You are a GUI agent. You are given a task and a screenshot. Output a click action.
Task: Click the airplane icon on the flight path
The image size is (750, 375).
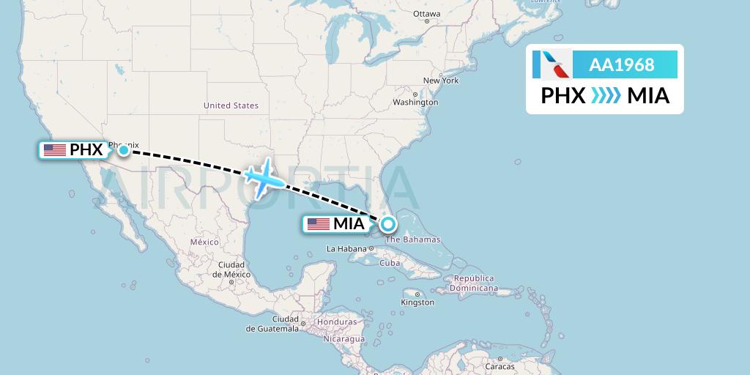click(265, 179)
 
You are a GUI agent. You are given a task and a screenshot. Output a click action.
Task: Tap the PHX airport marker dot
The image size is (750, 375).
click(125, 150)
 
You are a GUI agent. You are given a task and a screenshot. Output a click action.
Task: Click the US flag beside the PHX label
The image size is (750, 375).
click(55, 150)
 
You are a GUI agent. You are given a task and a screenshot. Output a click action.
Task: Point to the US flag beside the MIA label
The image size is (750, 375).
click(319, 224)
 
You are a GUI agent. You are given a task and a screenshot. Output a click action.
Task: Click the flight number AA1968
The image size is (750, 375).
click(622, 64)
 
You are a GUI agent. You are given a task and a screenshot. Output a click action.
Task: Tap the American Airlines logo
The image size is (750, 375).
click(552, 64)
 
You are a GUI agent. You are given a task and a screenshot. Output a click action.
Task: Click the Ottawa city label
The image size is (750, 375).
click(426, 14)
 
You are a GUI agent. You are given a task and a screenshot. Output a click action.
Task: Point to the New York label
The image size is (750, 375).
click(441, 81)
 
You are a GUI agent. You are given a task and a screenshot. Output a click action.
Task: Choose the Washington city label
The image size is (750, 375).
click(415, 103)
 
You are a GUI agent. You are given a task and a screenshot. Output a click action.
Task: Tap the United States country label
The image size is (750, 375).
click(231, 105)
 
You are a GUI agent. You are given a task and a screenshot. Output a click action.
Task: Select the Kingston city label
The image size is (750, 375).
click(417, 302)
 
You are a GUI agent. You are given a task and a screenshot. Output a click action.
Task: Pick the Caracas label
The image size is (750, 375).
click(501, 366)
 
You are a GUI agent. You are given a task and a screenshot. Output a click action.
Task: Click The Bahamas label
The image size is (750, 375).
click(413, 240)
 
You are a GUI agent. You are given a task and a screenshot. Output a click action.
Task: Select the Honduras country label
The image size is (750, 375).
click(337, 322)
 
